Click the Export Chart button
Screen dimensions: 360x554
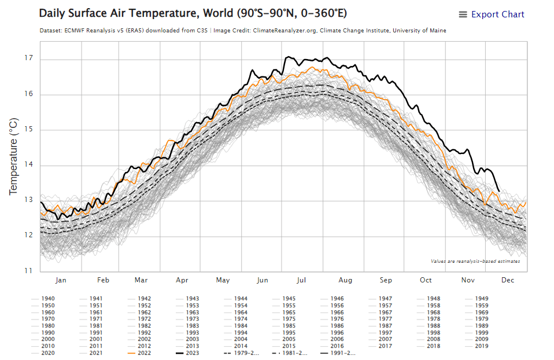pos(492,14)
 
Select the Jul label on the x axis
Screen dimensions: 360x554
pos(301,280)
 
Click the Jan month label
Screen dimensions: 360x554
pos(61,280)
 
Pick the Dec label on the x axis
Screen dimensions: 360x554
pos(508,280)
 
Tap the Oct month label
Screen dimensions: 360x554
pos(426,280)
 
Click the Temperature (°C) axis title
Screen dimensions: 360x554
pos(14,156)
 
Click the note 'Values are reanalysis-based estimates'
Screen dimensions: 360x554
pos(475,261)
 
